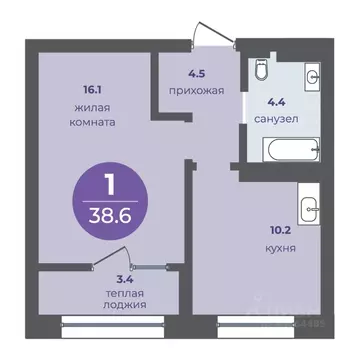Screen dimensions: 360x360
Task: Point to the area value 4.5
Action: (x=198, y=70)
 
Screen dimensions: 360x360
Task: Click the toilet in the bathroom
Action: (x=258, y=69)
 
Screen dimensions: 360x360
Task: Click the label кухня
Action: (x=273, y=242)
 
